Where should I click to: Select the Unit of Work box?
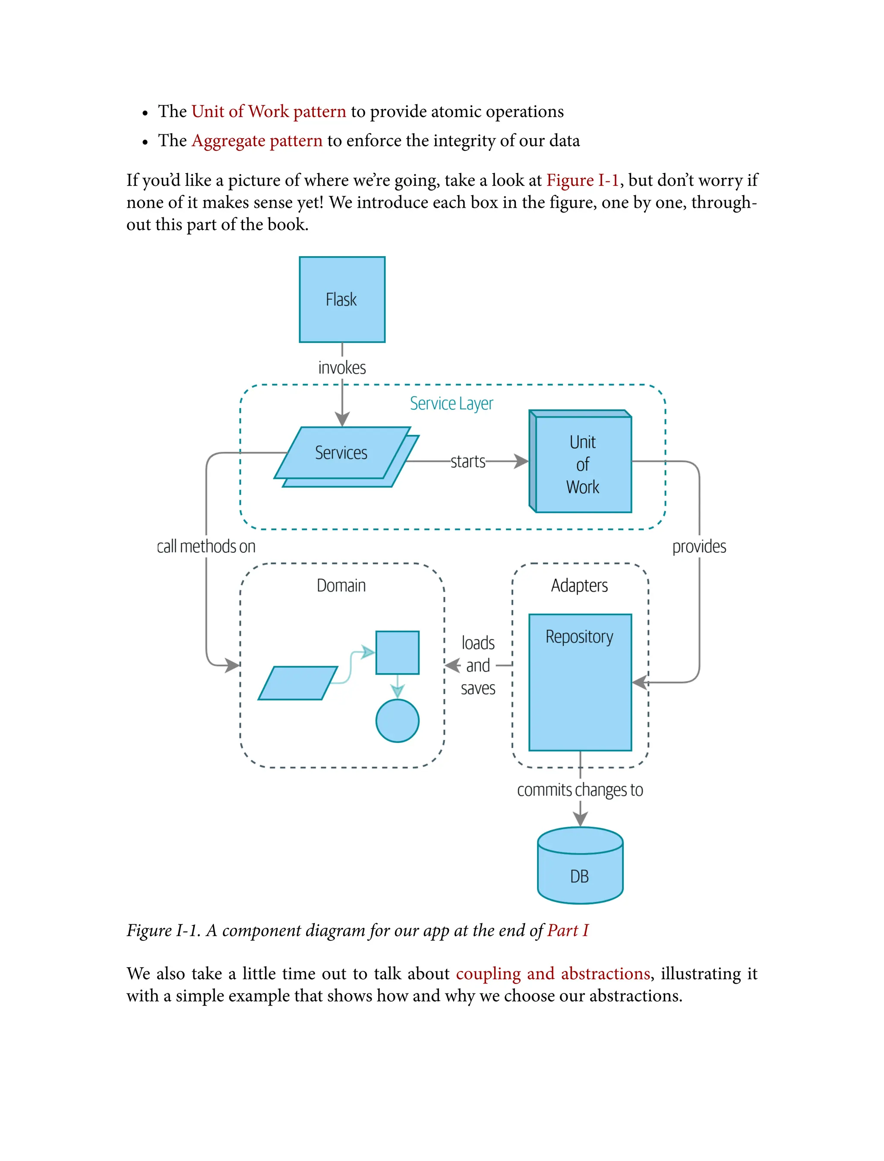(582, 464)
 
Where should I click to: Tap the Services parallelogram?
(341, 453)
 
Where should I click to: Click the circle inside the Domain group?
(397, 721)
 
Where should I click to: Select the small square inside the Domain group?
(397, 652)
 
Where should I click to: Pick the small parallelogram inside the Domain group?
(298, 683)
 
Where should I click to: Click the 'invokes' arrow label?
(342, 368)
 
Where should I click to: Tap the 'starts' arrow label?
(468, 461)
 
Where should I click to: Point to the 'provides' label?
(699, 546)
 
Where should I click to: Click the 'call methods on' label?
(206, 546)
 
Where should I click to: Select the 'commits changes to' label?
(580, 790)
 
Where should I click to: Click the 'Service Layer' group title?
(451, 403)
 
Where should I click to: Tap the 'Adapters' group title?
(579, 586)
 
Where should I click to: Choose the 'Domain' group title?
(341, 586)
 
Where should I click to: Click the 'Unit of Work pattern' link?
(268, 111)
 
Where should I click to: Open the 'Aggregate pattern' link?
(257, 140)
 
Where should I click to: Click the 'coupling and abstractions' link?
(552, 974)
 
